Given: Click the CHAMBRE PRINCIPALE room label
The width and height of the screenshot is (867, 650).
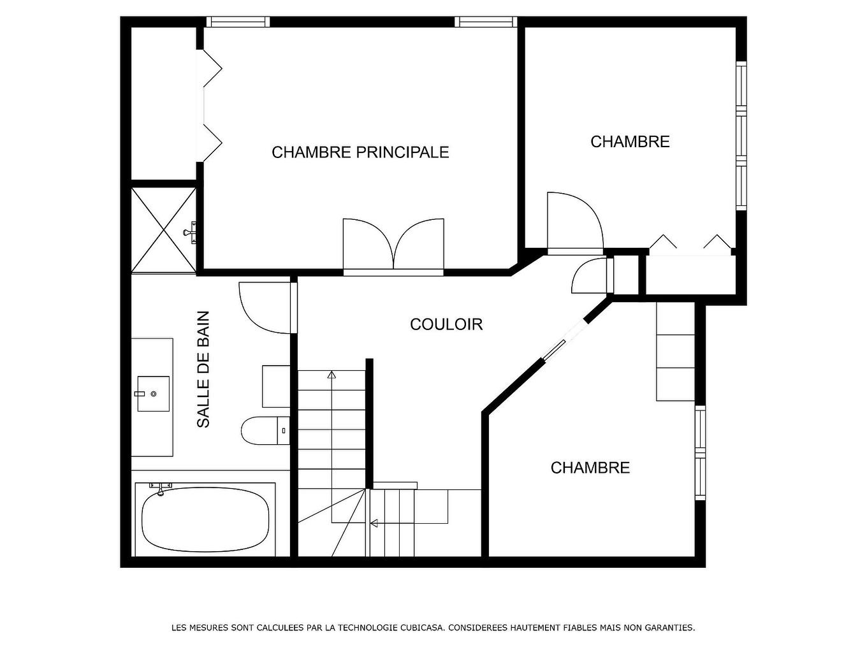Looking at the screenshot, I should (360, 152).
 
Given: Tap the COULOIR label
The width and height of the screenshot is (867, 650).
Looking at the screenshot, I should (446, 324).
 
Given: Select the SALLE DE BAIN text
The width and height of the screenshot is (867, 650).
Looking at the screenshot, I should (203, 369).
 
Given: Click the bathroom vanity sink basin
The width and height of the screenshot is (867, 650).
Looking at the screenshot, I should (153, 394).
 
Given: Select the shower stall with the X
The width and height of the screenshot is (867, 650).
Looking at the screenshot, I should (163, 230).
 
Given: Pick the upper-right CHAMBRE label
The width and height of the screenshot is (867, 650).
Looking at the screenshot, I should (630, 141).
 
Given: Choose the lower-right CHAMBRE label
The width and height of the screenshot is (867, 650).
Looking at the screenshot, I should (590, 468).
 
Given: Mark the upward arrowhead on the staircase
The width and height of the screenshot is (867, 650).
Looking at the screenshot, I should (331, 375).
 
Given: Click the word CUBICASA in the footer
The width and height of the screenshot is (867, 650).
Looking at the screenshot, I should (421, 628).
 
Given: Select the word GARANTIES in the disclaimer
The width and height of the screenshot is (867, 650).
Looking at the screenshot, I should (669, 628).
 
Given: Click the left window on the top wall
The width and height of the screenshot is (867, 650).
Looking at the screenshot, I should (238, 22).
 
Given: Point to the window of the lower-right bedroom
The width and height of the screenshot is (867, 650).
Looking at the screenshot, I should (701, 453).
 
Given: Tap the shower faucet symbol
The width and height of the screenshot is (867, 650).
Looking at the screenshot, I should (190, 232).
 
